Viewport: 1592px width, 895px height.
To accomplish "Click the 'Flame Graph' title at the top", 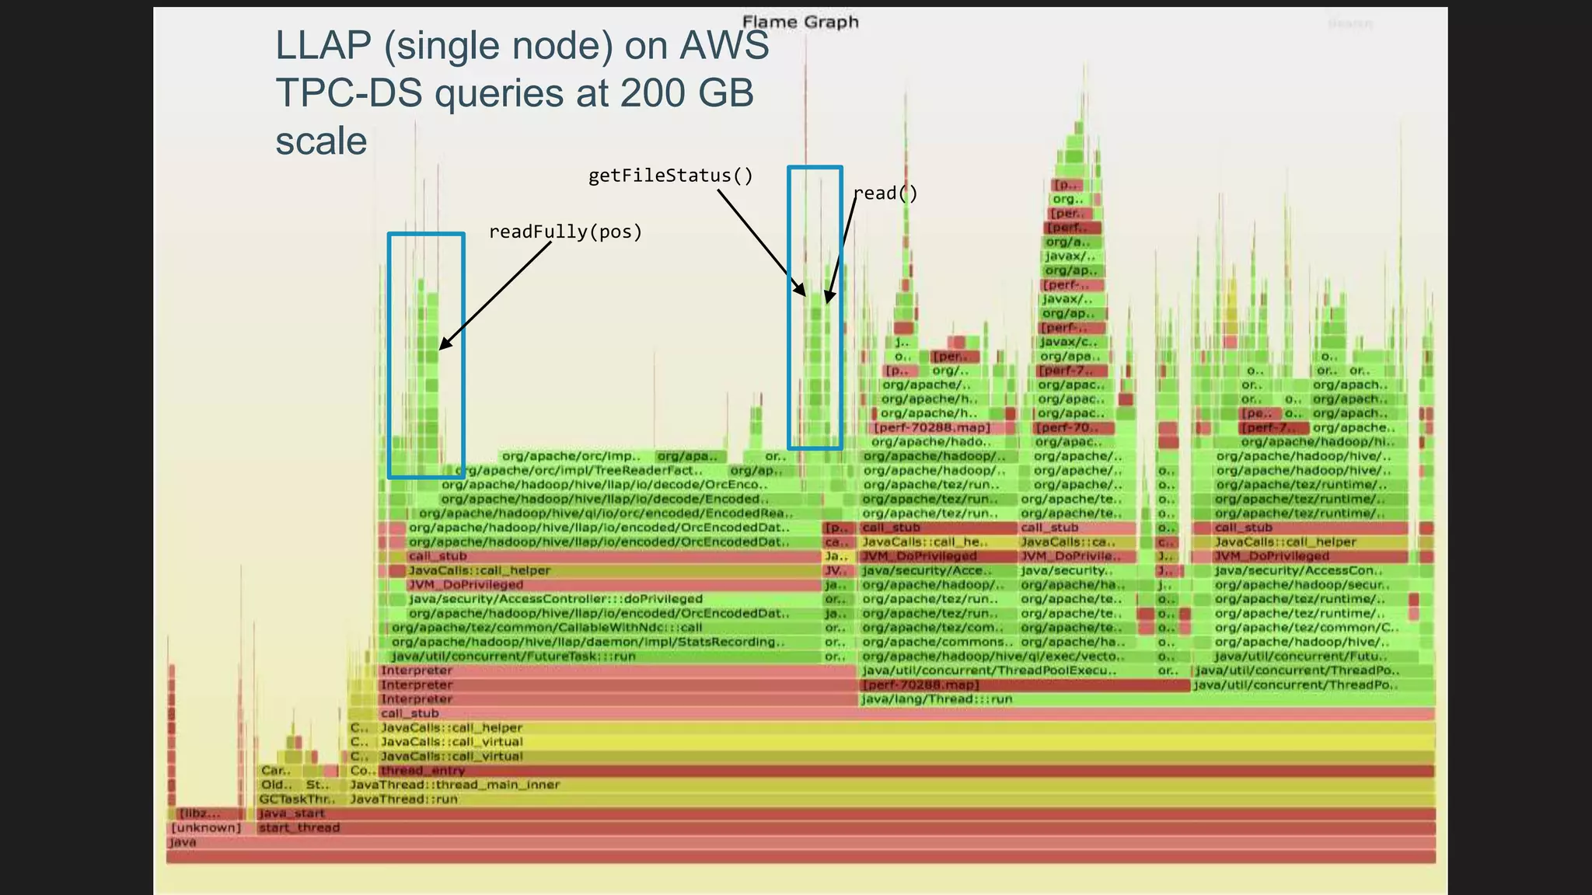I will tap(800, 22).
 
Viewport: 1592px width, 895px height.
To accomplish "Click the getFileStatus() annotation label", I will tap(670, 176).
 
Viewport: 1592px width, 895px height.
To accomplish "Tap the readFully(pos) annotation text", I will tap(565, 232).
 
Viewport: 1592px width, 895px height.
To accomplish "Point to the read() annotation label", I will tap(885, 193).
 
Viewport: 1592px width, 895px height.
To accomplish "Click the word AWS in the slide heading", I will tap(724, 45).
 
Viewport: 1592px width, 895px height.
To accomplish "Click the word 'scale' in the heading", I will tap(321, 141).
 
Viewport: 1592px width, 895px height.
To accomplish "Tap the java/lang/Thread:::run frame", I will tap(937, 699).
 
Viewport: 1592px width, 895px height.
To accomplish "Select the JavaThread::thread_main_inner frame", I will tap(455, 785).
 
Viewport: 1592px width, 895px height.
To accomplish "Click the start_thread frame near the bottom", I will tap(299, 827).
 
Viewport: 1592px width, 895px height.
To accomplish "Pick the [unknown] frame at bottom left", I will tap(206, 827).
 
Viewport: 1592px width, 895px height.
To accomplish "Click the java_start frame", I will tap(292, 813).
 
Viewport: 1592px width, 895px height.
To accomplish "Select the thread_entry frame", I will tap(422, 771).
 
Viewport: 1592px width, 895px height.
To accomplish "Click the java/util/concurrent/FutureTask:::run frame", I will tap(513, 656).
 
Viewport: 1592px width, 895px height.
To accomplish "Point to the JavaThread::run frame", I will tap(404, 799).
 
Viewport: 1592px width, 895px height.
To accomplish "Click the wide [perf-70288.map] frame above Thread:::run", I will tap(920, 685).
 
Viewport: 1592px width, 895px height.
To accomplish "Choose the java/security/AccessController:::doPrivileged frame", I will tap(555, 599).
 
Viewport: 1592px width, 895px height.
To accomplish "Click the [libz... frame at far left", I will tap(199, 813).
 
